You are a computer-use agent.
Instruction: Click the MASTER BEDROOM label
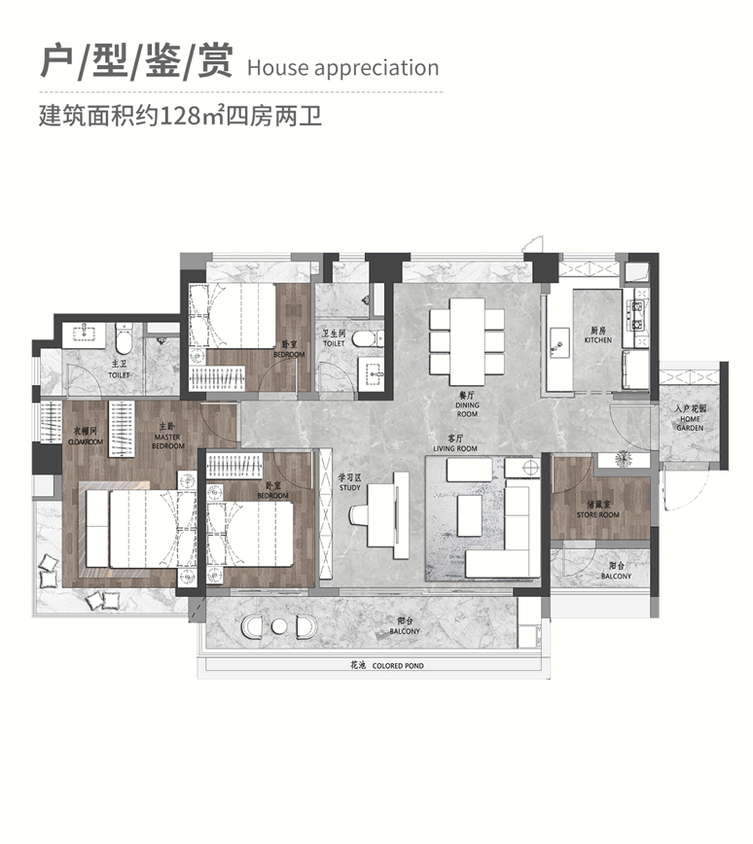coord(167,441)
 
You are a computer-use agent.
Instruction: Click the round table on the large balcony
coord(279,626)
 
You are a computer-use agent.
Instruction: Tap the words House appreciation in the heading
coord(342,68)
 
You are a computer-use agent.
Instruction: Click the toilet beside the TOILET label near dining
coord(361,339)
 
